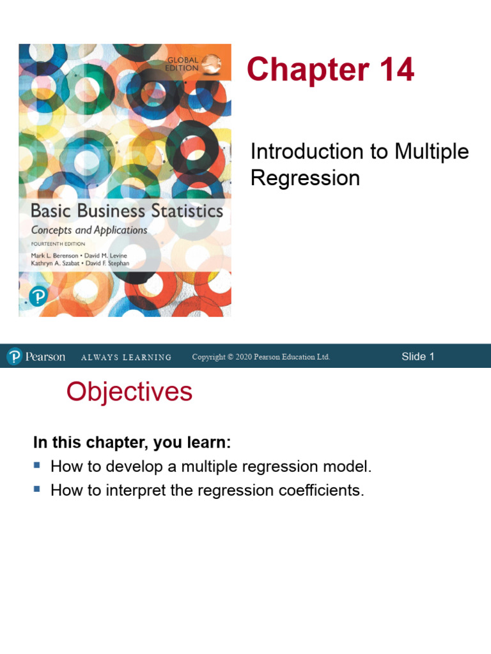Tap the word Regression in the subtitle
305,178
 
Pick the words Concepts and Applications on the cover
90,230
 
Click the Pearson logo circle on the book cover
38,296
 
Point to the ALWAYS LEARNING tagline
126,358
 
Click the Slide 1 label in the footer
417,356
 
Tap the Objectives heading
129,392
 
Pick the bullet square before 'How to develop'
37,465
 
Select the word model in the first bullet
350,467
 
